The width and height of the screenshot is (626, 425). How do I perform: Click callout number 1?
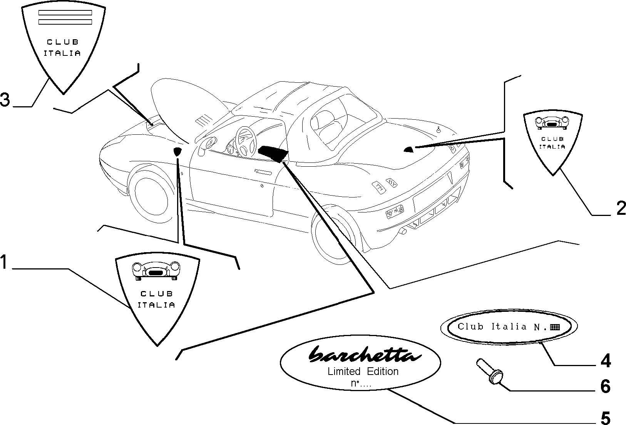point(4,262)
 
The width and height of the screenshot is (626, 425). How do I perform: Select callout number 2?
point(621,208)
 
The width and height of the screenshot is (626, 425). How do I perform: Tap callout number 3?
point(5,99)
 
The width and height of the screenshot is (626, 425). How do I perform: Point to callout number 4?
point(606,360)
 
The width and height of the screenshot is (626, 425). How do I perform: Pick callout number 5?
point(605,418)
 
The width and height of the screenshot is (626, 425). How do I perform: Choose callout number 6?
point(605,387)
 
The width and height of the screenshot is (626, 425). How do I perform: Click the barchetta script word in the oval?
point(365,354)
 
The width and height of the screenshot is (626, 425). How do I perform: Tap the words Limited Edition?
point(363,371)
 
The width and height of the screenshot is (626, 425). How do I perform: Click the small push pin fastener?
point(489,372)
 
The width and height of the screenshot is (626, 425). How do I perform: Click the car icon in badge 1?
point(156,271)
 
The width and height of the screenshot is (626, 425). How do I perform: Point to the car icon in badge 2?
point(552,123)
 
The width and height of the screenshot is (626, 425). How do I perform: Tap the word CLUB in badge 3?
point(63,42)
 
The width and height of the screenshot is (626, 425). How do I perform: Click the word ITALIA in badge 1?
point(156,305)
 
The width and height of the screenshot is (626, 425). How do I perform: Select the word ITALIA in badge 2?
point(552,146)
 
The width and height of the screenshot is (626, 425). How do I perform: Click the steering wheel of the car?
point(246,141)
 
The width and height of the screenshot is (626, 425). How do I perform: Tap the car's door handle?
point(263,172)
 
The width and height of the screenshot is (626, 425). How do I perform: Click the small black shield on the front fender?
point(177,151)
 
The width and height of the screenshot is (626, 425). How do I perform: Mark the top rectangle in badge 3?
point(65,13)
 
